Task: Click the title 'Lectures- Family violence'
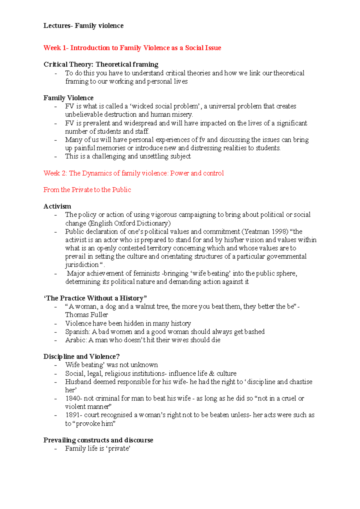(x=83, y=26)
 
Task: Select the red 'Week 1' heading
(x=132, y=48)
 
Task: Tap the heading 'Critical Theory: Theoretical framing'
(x=101, y=64)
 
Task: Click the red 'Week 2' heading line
(x=133, y=173)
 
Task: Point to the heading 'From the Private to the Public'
(x=87, y=190)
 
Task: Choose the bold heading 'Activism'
(x=57, y=206)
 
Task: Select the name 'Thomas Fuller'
(x=86, y=315)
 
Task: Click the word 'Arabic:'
(x=76, y=340)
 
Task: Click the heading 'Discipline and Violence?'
(x=81, y=356)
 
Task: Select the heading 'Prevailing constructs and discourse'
(x=98, y=440)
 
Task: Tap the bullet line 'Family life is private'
(x=97, y=448)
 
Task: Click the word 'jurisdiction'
(x=82, y=265)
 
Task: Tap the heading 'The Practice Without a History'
(x=95, y=298)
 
